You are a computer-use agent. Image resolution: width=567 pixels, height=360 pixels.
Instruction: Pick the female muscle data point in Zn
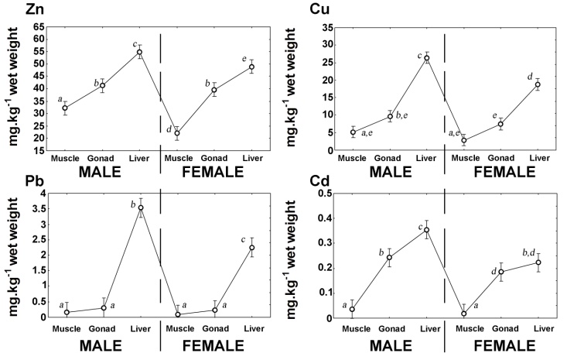pyautogui.click(x=177, y=133)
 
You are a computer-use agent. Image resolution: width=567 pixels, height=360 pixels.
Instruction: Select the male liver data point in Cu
pyautogui.click(x=426, y=58)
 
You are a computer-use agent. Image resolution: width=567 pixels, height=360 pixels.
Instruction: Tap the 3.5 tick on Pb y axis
pyautogui.click(x=38, y=208)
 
